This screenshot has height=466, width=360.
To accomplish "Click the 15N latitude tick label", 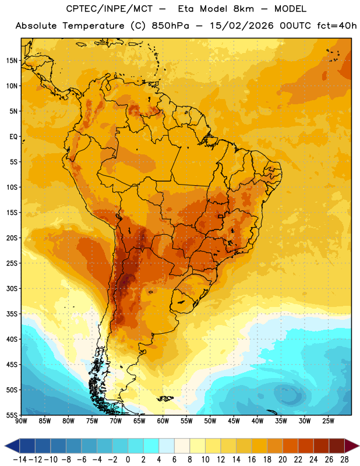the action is point(12,61).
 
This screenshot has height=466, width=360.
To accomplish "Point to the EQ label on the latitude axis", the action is point(13,137).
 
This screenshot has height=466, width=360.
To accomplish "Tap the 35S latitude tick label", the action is point(12,314).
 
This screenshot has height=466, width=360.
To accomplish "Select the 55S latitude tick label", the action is point(12,415).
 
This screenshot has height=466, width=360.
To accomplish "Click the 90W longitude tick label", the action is point(21,421).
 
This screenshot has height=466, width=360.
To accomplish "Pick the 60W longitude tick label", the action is point(163,421).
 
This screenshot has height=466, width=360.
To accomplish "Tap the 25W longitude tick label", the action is point(329,421).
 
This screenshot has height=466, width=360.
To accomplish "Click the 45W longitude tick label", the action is point(234,421).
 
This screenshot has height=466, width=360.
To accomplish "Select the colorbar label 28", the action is point(344,460).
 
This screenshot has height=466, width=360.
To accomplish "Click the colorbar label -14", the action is point(20,460).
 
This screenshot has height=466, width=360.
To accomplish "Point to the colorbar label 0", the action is point(128,460).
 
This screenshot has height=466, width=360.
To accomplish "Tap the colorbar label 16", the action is point(252,460).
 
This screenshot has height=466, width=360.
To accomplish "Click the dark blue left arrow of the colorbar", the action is point(12,446).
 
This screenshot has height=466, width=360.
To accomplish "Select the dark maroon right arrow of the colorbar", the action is point(352,446).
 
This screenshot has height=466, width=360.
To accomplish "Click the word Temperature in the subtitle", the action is point(93,26).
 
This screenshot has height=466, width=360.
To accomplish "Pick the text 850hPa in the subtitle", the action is point(170,26).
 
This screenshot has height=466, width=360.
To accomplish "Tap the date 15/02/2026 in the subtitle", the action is point(242,26).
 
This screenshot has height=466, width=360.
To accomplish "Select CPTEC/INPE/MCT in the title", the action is point(110,9).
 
